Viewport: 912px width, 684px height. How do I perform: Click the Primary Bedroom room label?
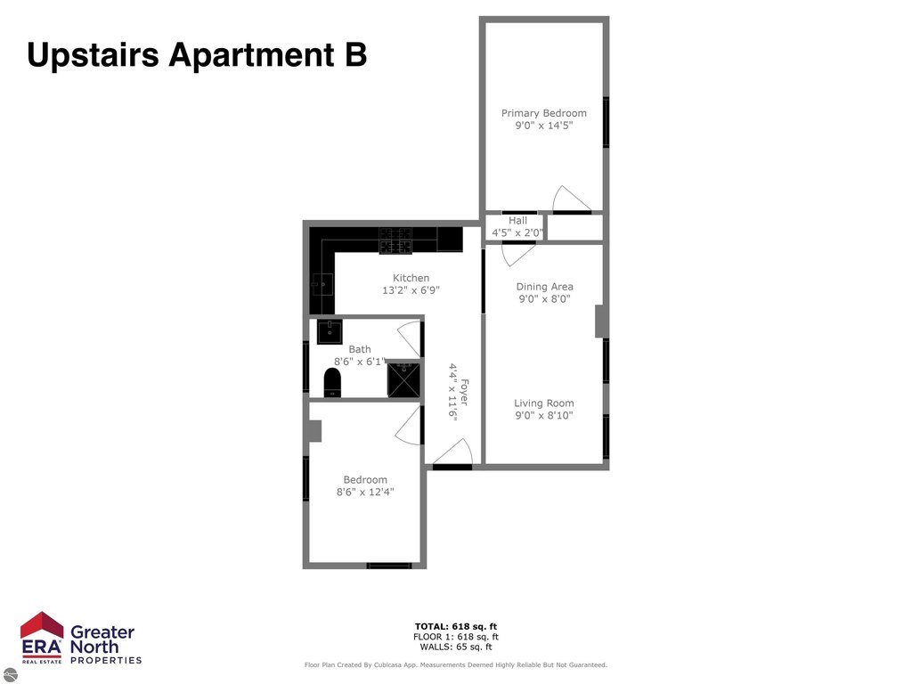[x=544, y=113]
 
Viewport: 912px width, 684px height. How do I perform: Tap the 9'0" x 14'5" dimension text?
[x=544, y=126]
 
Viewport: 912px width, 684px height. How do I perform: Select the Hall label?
[x=517, y=221]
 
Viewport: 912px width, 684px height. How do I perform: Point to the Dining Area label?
[x=544, y=287]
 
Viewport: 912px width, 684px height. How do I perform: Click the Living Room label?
[x=544, y=403]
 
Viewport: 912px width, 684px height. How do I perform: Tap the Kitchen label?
[x=411, y=278]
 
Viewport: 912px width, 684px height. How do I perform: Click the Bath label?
[x=360, y=349]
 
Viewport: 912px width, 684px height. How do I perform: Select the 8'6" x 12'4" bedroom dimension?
[x=365, y=492]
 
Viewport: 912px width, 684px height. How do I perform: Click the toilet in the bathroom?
[x=332, y=383]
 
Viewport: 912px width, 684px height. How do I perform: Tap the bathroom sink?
[x=330, y=331]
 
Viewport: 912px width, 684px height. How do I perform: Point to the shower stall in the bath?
[x=403, y=379]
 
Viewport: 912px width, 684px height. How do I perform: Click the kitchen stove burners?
[x=395, y=240]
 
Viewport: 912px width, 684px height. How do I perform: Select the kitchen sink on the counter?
[x=322, y=284]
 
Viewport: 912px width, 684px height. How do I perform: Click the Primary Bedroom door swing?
[x=571, y=199]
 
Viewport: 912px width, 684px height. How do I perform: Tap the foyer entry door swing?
[x=452, y=452]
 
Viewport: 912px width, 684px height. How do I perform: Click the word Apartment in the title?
[x=251, y=56]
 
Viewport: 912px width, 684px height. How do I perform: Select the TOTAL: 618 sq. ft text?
[x=456, y=626]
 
